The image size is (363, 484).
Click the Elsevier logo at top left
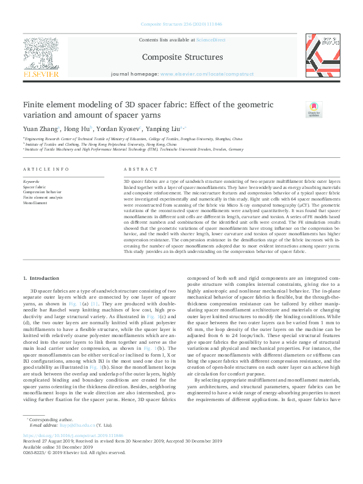41,59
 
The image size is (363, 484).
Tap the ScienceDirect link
209,40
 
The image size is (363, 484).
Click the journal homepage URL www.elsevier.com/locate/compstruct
198,73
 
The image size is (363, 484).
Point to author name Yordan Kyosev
118,129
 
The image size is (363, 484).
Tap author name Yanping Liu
163,129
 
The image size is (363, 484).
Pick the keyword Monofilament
35,203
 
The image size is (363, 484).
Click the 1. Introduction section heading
41,279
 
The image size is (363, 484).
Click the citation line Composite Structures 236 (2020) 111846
181,24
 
